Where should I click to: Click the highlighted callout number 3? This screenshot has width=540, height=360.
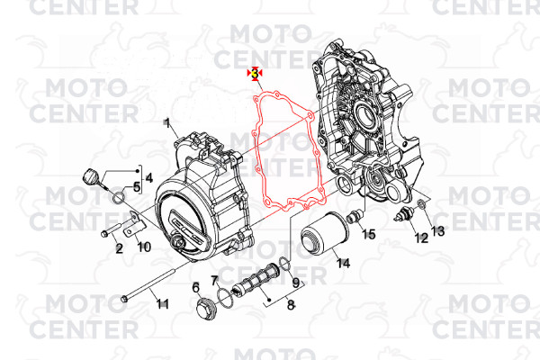coord(255,74)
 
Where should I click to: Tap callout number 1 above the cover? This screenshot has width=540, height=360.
coord(167,123)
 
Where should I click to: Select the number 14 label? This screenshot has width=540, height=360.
coord(344,263)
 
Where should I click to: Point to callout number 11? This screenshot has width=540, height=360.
coord(162,304)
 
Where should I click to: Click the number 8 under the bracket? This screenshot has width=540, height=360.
coord(291,304)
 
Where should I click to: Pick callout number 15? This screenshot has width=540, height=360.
coord(368,234)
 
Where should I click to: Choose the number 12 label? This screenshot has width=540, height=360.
coord(421,238)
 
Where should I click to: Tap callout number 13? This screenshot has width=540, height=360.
coord(437,230)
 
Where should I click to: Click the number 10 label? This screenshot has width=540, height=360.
coord(144,247)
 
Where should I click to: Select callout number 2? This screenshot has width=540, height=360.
coord(119,248)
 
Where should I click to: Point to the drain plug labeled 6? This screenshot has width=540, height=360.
coord(205,307)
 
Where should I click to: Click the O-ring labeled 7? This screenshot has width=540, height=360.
coord(225,298)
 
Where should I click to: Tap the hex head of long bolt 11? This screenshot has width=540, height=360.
coord(125,299)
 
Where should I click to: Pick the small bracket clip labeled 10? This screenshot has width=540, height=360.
coord(134,223)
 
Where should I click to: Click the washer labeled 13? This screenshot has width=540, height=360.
coord(421,204)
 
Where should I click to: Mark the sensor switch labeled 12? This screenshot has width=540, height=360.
coord(401,214)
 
